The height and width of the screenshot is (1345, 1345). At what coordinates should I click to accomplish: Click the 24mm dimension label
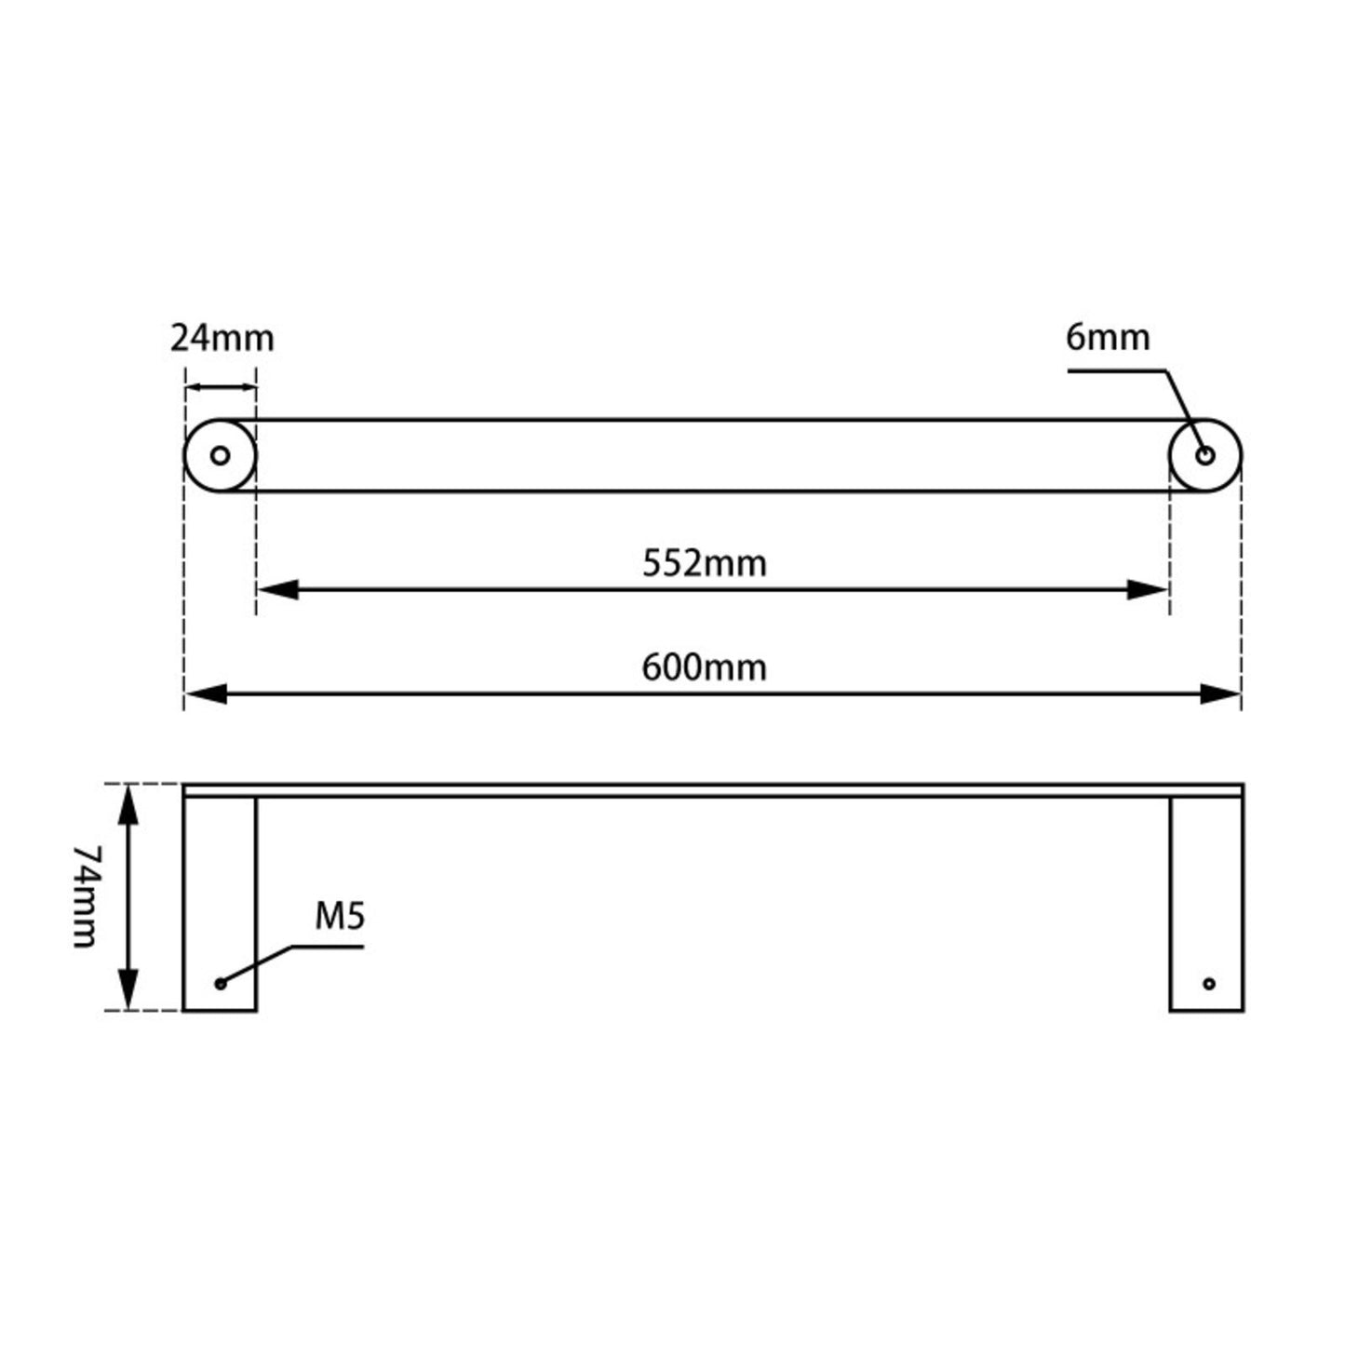click(x=222, y=338)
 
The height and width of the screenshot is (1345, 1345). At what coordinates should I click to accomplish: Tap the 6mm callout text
click(x=1108, y=337)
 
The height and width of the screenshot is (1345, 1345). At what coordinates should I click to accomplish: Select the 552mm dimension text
click(x=705, y=563)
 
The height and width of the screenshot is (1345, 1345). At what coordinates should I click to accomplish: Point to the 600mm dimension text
click(x=705, y=667)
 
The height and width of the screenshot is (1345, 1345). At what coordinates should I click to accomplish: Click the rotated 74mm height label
click(x=86, y=896)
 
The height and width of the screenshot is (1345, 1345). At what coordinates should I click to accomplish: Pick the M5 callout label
click(x=340, y=917)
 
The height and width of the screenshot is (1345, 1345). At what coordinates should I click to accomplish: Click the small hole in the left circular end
click(x=221, y=456)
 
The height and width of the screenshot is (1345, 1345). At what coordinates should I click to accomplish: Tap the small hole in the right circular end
click(x=1205, y=456)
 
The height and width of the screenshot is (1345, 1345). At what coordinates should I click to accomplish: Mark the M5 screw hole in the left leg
click(x=221, y=984)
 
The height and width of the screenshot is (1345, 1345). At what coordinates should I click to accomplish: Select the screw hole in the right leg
click(x=1209, y=984)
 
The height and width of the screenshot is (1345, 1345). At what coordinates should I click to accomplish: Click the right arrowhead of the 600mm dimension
click(x=1220, y=694)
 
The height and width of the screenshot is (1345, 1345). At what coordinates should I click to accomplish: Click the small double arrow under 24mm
click(x=221, y=388)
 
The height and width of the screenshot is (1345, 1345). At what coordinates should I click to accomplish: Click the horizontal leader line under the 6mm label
click(x=1117, y=370)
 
